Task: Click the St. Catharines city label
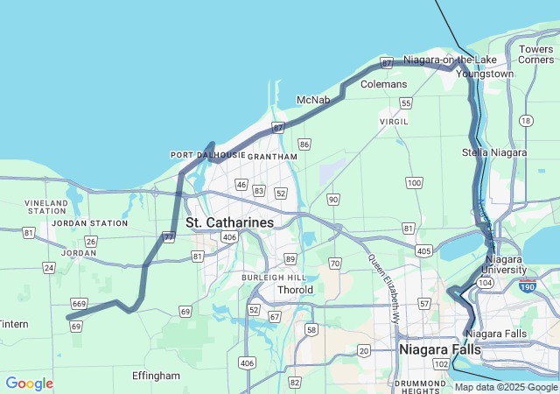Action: pyautogui.click(x=229, y=223)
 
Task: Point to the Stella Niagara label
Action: pyautogui.click(x=494, y=152)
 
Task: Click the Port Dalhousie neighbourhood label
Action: pyautogui.click(x=207, y=155)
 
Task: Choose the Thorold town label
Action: pyautogui.click(x=295, y=290)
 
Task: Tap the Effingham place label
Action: pyautogui.click(x=156, y=376)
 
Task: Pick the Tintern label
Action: pyautogui.click(x=14, y=324)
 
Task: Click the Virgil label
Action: pyautogui.click(x=394, y=122)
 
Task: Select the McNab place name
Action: pyautogui.click(x=313, y=100)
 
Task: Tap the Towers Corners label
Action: pyautogui.click(x=535, y=54)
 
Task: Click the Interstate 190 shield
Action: pyautogui.click(x=527, y=287)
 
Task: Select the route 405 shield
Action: pyautogui.click(x=424, y=251)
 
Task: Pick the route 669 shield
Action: pyautogui.click(x=78, y=301)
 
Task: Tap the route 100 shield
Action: pyautogui.click(x=414, y=183)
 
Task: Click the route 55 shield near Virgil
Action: pyautogui.click(x=405, y=103)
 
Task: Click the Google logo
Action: pyautogui.click(x=29, y=383)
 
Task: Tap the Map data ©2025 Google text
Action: pyautogui.click(x=506, y=387)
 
